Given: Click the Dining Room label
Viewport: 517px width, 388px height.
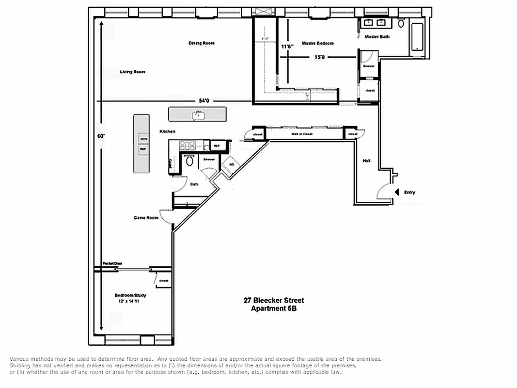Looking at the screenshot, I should tap(202, 44).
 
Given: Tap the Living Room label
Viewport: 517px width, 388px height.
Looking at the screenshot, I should tap(132, 72).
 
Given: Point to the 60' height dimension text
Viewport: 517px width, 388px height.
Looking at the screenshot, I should tap(101, 136).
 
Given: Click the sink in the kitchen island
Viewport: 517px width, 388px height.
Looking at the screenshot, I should tap(198, 115).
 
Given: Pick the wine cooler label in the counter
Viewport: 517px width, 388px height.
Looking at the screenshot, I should tap(143, 139).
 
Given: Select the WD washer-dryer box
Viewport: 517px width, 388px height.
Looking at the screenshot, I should tap(231, 165).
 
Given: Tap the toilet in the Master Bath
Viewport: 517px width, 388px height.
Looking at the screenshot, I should tap(401, 23).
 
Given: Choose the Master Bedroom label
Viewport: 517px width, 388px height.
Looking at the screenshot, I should tap(318, 44).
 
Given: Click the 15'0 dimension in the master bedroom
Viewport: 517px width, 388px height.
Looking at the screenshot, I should tap(319, 57).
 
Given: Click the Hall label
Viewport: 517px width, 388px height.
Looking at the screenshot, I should tap(367, 161).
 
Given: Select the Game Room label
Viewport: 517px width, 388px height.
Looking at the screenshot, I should tap(146, 218).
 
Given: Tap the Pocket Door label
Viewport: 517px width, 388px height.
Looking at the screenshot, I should tap(112, 263).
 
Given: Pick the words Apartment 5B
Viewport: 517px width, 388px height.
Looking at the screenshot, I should tap(274, 308).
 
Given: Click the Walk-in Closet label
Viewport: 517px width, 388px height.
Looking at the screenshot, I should tap(301, 134).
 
